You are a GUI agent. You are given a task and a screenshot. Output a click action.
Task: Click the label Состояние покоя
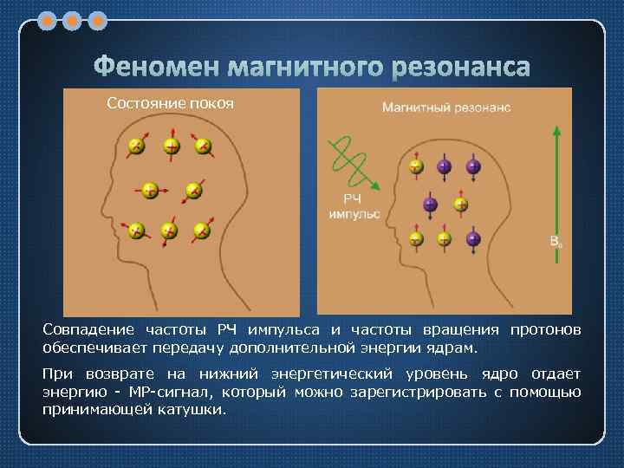pyautogui.click(x=171, y=104)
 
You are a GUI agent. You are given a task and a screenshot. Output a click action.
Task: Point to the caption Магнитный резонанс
pyautogui.click(x=446, y=108)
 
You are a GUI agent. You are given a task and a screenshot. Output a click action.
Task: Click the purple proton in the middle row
pyautogui.click(x=431, y=205)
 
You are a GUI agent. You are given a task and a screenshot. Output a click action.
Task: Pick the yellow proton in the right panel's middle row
pyautogui.click(x=461, y=205)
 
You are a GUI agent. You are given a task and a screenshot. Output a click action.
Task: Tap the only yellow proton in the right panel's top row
pyautogui.click(x=417, y=166)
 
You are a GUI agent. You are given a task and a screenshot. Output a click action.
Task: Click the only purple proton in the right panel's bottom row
pyautogui.click(x=473, y=237)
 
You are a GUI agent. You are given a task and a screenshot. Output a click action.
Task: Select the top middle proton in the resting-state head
pyautogui.click(x=172, y=146)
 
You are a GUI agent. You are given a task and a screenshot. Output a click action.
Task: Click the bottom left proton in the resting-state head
pyautogui.click(x=136, y=231)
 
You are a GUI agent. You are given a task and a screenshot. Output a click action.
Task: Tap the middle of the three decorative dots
pyautogui.click(x=73, y=19)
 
